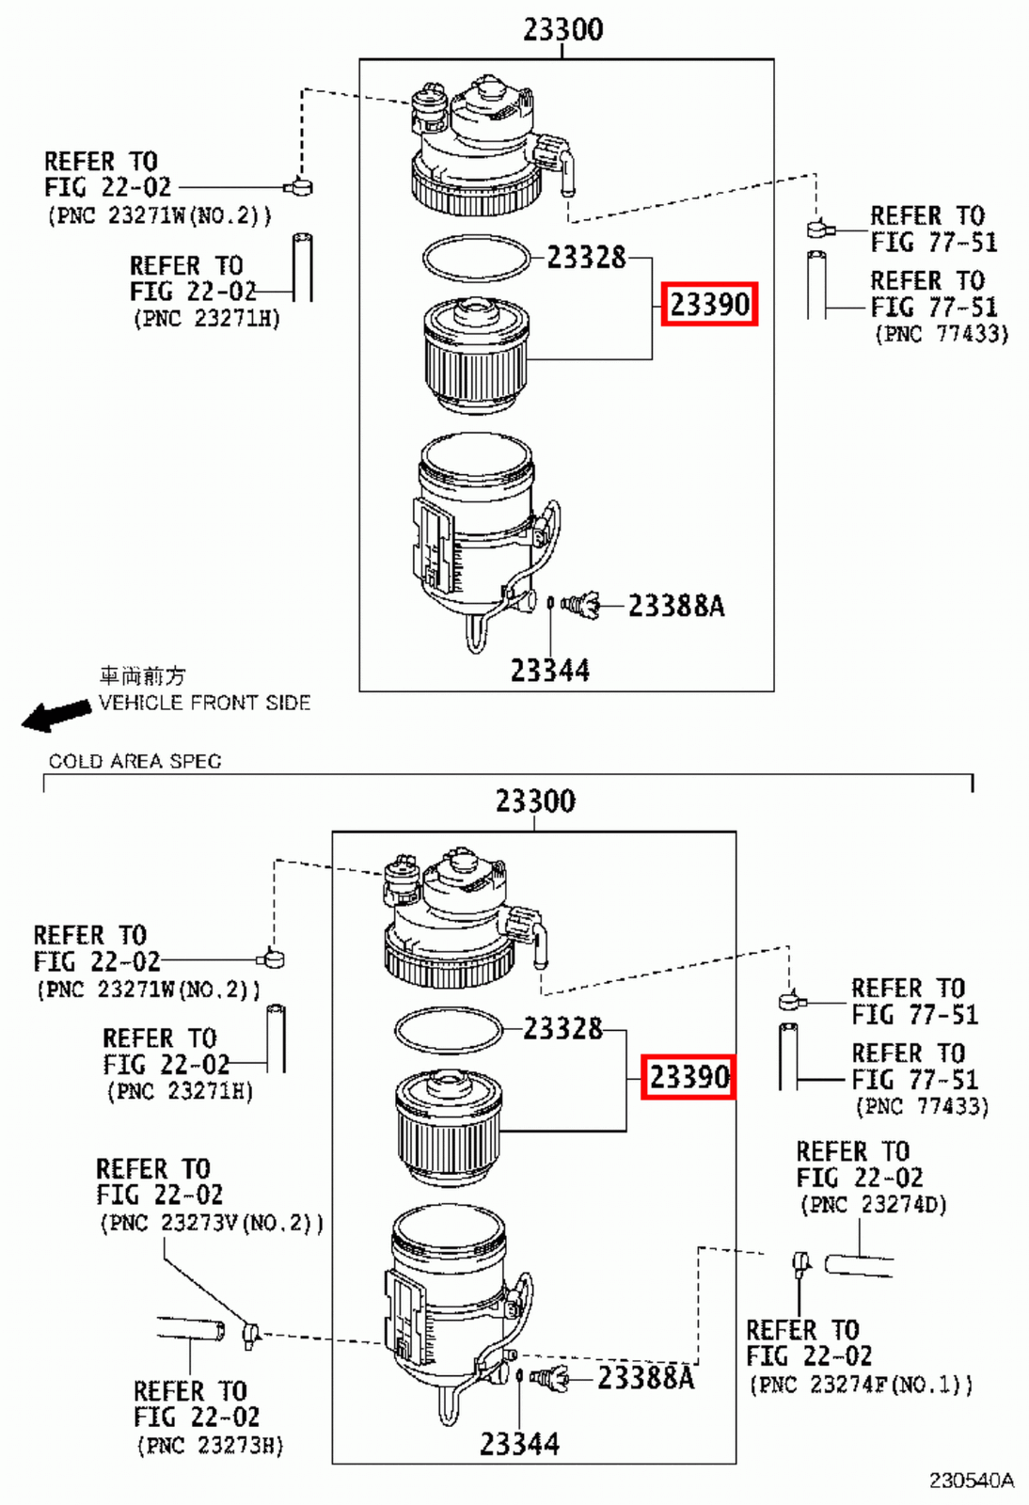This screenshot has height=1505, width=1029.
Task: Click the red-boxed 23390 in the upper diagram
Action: coord(709,304)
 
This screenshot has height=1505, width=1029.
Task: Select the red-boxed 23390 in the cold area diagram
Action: coord(689,1076)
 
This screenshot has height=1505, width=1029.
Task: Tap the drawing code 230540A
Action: coord(971,1481)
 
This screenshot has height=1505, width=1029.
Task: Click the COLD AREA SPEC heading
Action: coord(135,761)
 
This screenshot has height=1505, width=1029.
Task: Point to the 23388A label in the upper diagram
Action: coord(675,606)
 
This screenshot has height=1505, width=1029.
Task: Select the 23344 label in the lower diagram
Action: coord(519,1443)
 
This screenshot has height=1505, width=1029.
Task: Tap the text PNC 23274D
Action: coord(873,1205)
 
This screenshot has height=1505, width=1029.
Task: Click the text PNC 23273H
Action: coord(210,1446)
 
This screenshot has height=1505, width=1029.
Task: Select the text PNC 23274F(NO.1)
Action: coord(861,1385)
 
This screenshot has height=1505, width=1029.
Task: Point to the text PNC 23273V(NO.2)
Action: coord(212,1223)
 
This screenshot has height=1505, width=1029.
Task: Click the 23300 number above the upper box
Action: coord(562,29)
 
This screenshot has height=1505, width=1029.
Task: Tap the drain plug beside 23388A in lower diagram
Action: coord(552,1379)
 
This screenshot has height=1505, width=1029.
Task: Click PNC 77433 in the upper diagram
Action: coord(941,334)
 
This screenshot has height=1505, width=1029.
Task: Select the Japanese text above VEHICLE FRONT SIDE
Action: coord(142,675)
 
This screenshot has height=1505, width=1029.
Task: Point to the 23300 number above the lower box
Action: coord(535,800)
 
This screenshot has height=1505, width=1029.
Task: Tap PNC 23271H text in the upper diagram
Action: coord(207,318)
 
